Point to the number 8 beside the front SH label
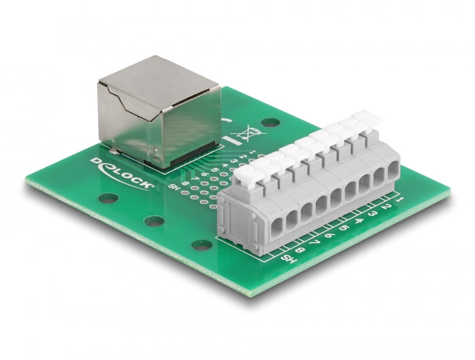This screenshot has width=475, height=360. (x=301, y=249)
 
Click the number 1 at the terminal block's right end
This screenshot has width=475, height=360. (x=400, y=198)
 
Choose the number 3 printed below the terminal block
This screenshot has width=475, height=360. (x=373, y=213)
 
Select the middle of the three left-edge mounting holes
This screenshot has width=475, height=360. (x=153, y=221)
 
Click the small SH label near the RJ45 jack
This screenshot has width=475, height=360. (x=174, y=187)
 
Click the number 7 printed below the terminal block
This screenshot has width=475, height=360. (x=316, y=242)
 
